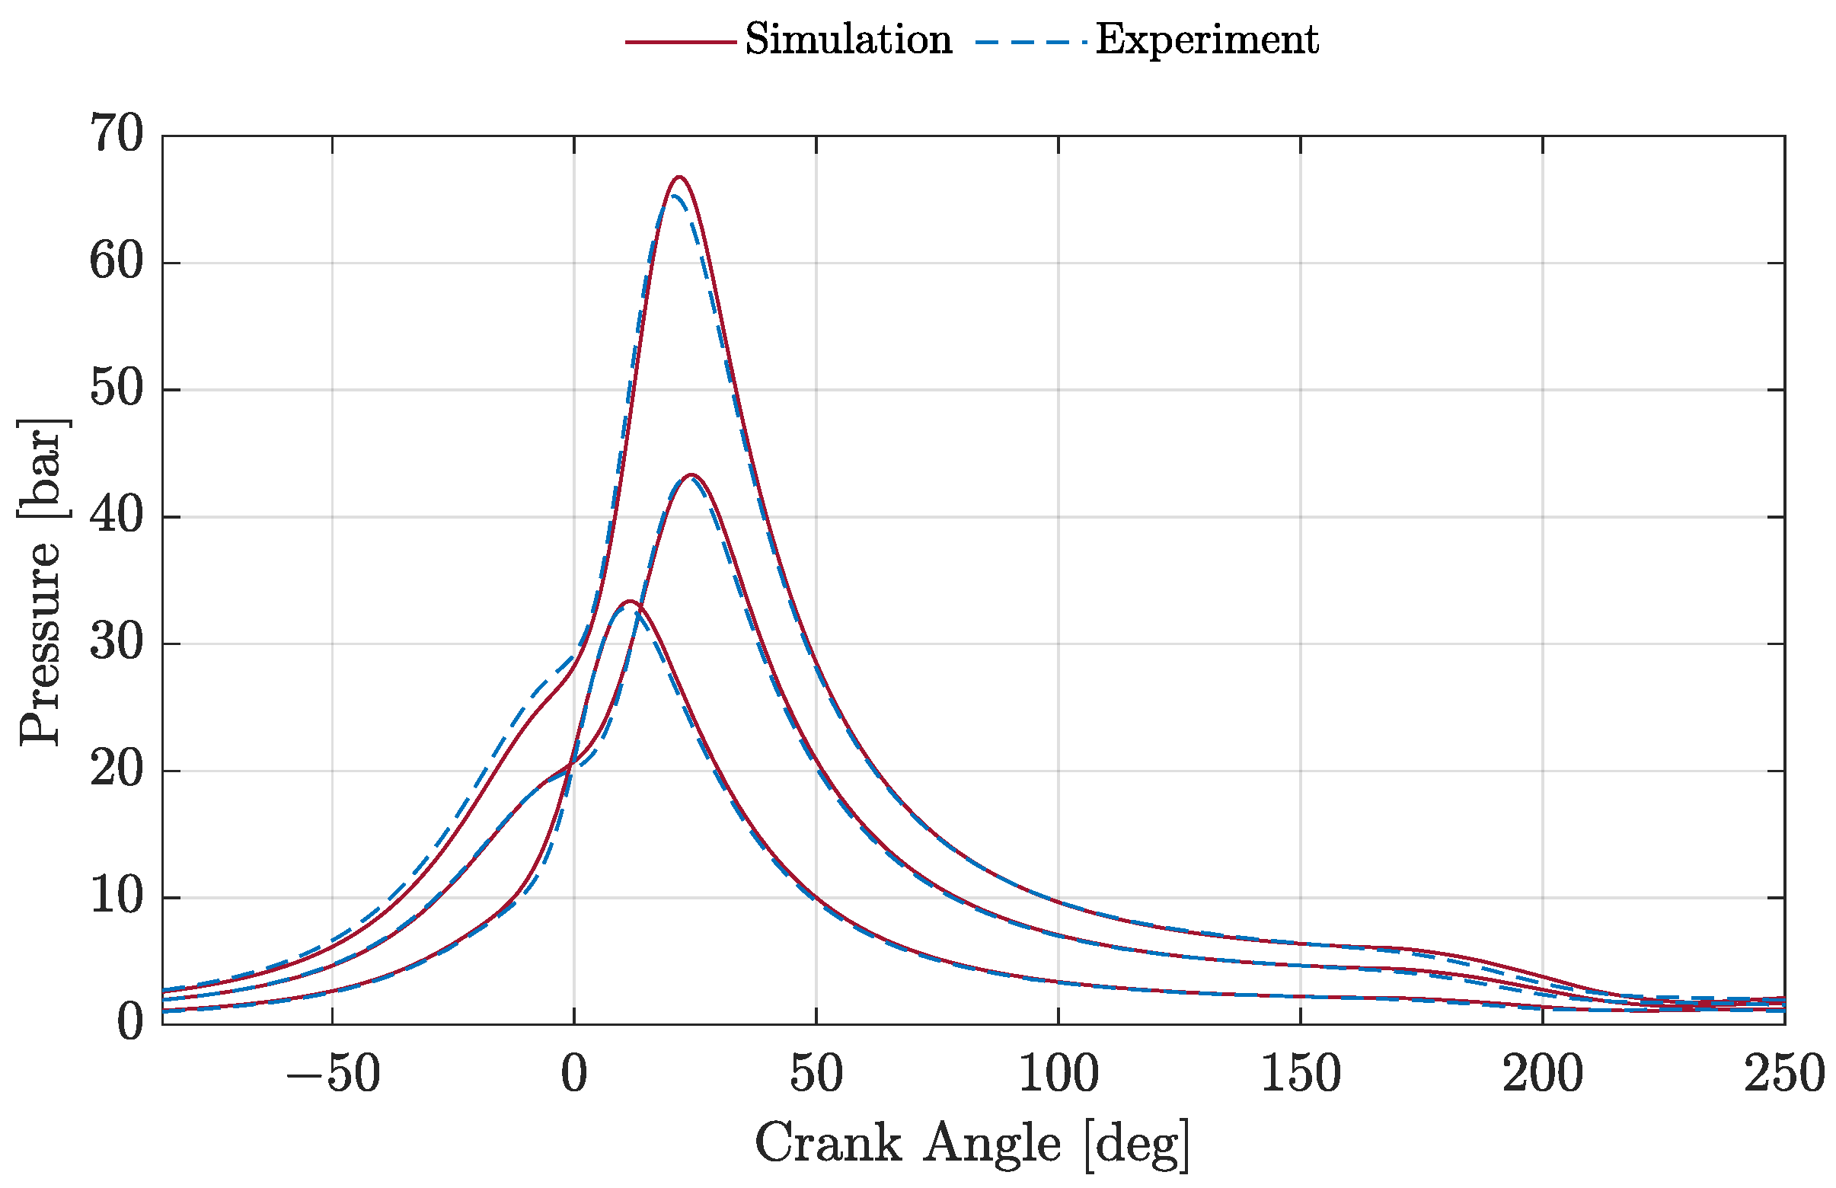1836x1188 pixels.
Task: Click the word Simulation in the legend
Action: [848, 40]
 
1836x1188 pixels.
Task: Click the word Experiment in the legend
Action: [1206, 40]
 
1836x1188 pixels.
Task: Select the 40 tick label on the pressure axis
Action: [117, 516]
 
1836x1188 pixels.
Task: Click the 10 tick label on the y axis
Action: [117, 896]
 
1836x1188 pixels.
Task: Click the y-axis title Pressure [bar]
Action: [40, 583]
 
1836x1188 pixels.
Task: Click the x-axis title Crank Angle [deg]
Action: [972, 1144]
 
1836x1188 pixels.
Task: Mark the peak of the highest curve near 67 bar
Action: [679, 177]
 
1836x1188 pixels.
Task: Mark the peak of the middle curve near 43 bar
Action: [691, 475]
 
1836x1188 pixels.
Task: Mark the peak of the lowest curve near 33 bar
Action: [630, 601]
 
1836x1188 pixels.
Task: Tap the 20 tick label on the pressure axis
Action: [117, 770]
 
